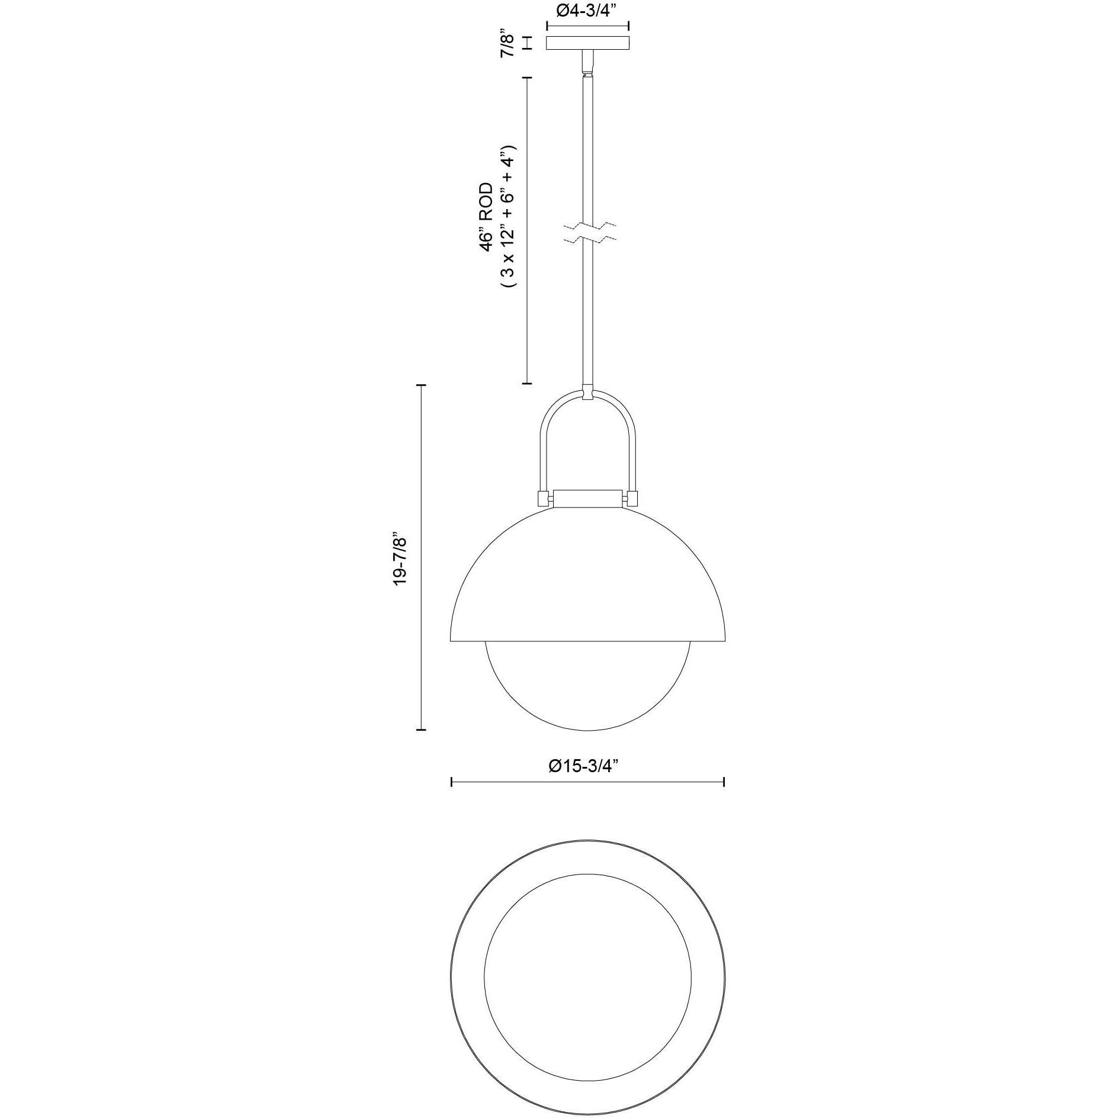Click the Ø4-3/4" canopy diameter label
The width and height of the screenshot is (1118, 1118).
(x=587, y=12)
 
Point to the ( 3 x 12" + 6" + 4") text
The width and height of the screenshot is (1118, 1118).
(x=509, y=217)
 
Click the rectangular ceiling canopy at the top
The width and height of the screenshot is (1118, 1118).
(x=587, y=43)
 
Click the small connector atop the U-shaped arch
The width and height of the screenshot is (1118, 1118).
(x=587, y=392)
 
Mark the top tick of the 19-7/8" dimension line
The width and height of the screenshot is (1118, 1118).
(x=421, y=385)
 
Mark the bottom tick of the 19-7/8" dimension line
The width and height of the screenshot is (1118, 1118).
(x=421, y=730)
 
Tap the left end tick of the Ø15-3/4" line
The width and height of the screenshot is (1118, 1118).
(x=452, y=782)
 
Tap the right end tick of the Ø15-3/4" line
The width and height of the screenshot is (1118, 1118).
(x=724, y=782)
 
